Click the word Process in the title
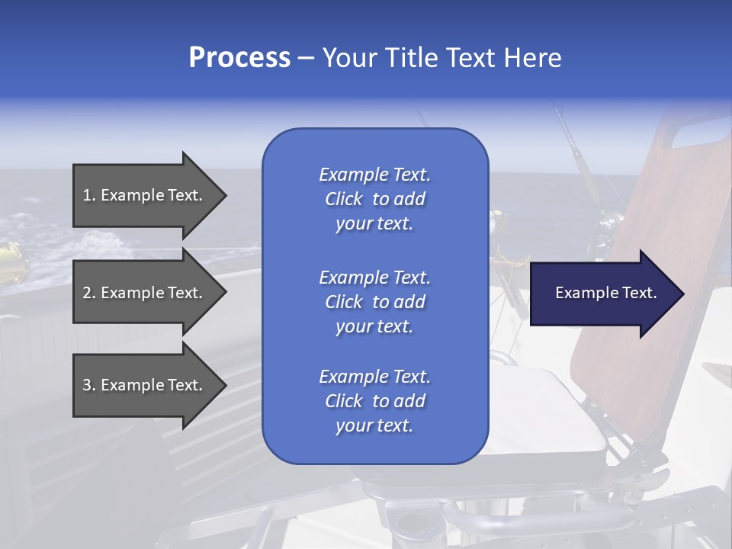(239, 58)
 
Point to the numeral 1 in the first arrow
(87, 195)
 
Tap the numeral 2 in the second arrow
(87, 293)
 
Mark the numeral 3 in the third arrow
(87, 385)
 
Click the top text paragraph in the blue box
(374, 199)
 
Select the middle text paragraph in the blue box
(374, 302)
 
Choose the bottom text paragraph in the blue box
(374, 401)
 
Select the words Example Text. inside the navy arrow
(605, 293)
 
